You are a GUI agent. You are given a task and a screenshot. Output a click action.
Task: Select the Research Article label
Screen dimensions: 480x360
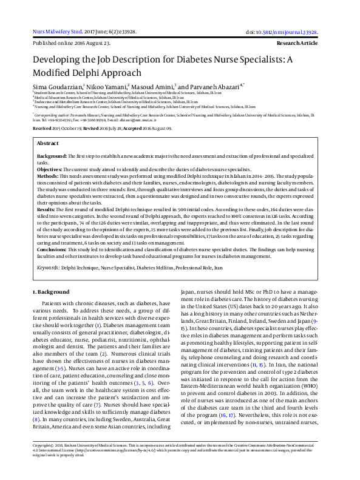click(x=297, y=44)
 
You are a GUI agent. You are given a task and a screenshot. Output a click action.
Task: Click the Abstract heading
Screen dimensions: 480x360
click(x=48, y=143)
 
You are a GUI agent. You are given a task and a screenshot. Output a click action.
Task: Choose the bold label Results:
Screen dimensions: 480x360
click(x=47, y=209)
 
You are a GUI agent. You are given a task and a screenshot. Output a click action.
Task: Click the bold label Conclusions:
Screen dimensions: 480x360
click(x=53, y=250)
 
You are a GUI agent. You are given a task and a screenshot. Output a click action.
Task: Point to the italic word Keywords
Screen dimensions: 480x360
click(x=49, y=267)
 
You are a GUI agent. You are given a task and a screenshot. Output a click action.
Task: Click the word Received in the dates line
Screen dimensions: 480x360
click(x=42, y=129)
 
